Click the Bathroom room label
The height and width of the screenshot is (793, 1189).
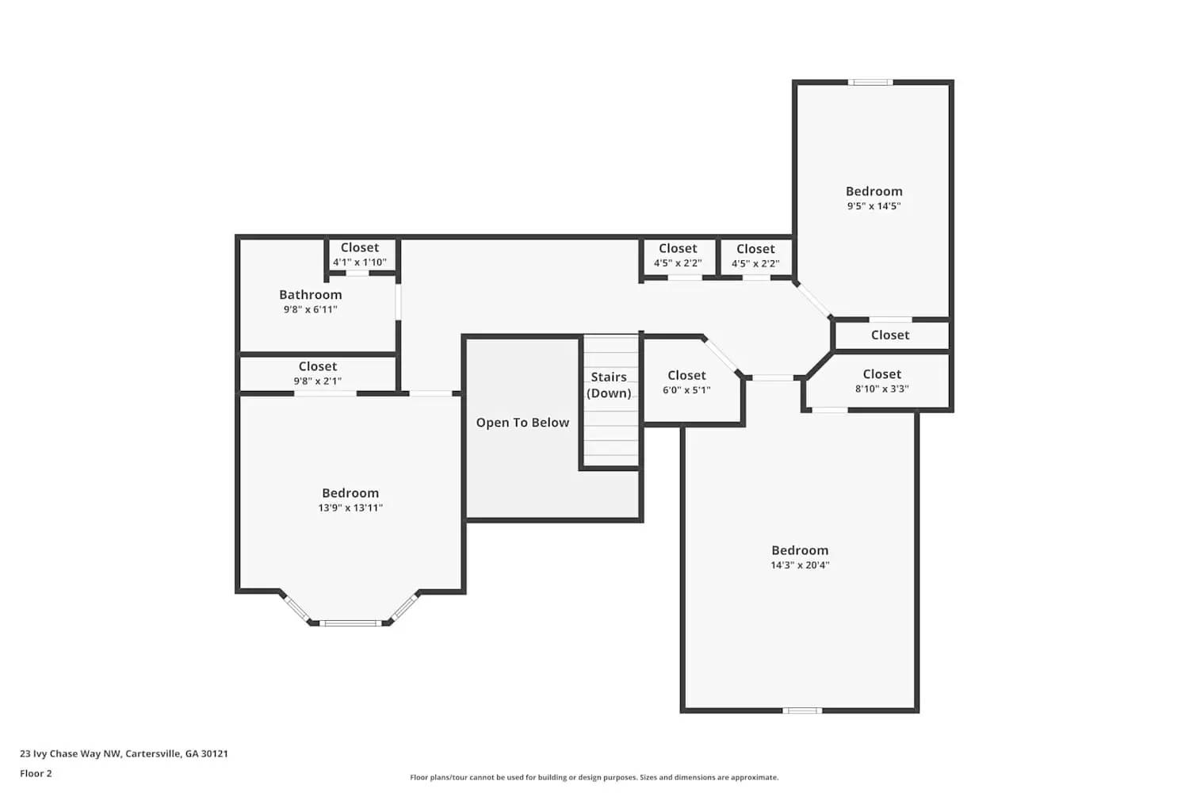tap(310, 294)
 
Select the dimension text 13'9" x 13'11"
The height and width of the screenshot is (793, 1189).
tap(350, 508)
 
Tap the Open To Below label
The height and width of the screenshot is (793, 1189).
tap(522, 423)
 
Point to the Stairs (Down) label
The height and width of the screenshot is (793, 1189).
tap(609, 385)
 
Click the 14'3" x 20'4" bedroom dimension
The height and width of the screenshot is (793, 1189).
tap(800, 565)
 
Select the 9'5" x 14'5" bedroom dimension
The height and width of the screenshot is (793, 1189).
tap(874, 206)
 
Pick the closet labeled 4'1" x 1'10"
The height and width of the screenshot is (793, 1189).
tap(359, 255)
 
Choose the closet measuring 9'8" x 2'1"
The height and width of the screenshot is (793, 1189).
tap(317, 374)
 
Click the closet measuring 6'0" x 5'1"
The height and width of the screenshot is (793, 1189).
tap(686, 382)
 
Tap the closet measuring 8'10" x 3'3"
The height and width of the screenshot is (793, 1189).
tap(881, 381)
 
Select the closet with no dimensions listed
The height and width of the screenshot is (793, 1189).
tap(890, 335)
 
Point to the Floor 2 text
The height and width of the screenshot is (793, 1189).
tap(36, 773)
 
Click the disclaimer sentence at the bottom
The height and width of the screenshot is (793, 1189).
tap(594, 777)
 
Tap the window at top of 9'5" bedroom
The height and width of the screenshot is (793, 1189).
tap(870, 82)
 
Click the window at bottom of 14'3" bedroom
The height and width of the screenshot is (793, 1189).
tap(802, 711)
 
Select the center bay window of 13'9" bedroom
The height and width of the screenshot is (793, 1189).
tap(351, 623)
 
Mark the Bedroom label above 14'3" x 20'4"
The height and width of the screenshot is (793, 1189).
tap(800, 550)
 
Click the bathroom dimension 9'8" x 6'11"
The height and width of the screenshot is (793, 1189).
tap(310, 309)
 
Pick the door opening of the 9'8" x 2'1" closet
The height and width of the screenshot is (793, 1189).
tap(326, 393)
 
